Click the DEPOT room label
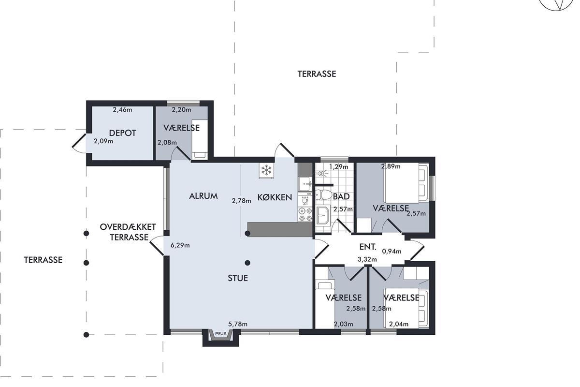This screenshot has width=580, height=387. [122, 133]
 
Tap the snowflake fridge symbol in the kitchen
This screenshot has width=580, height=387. [266, 170]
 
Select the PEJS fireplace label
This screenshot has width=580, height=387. [220, 334]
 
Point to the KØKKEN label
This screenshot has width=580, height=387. [275, 197]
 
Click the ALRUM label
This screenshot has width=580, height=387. [203, 196]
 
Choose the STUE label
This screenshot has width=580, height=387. [238, 278]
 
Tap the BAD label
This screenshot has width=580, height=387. [341, 197]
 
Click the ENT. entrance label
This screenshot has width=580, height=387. [368, 247]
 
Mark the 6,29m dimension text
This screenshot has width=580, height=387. [180, 245]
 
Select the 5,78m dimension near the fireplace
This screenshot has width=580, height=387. [238, 324]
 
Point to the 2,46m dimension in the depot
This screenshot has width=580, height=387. [122, 110]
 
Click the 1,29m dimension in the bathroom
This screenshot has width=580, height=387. [338, 167]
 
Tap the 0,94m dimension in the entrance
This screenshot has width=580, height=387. [392, 251]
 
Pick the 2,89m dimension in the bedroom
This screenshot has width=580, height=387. [391, 166]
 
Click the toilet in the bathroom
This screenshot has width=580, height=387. [323, 195]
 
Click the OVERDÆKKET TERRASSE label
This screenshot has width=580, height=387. [128, 232]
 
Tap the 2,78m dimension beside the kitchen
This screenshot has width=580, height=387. [241, 201]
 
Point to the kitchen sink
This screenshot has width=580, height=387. [305, 184]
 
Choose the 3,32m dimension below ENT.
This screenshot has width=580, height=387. [367, 259]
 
